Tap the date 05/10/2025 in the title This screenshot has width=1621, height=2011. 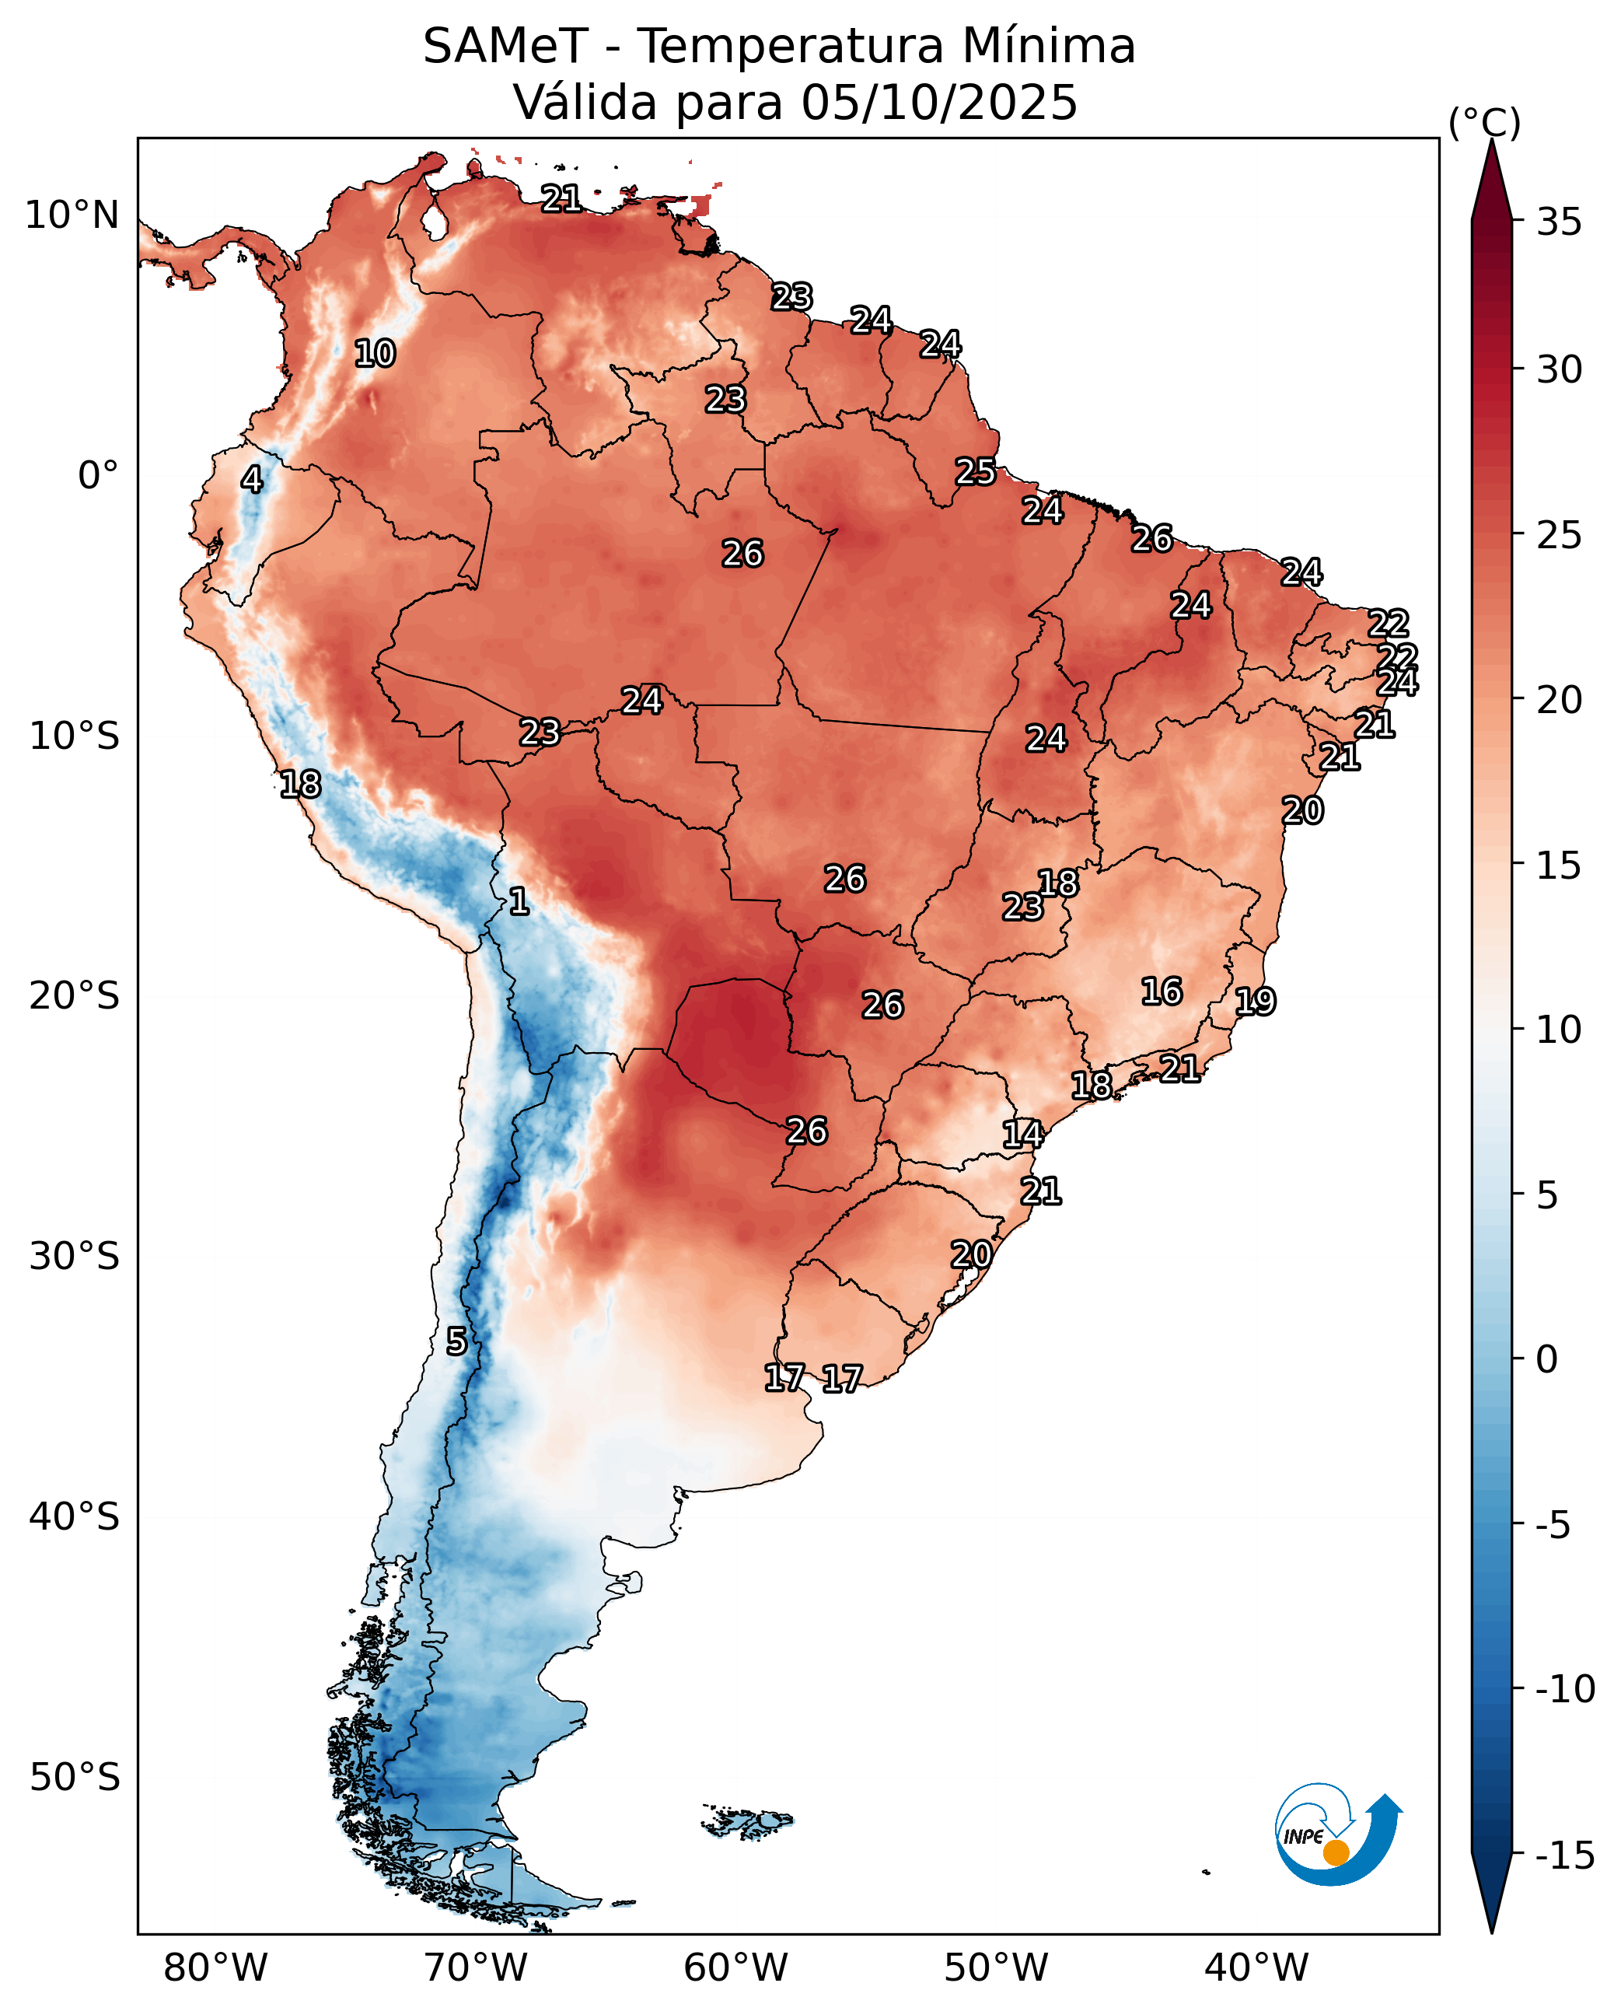(x=939, y=103)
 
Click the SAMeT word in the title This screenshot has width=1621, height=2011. (x=505, y=47)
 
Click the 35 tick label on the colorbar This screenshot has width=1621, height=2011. (x=1560, y=222)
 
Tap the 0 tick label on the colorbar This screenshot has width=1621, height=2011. (x=1547, y=1360)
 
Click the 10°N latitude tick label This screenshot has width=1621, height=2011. (x=72, y=215)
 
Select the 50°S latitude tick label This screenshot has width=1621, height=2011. (x=75, y=1777)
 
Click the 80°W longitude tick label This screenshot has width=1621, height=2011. (x=215, y=1968)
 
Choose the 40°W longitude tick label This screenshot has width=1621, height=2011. (x=1256, y=1968)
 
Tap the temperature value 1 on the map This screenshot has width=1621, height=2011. (x=519, y=901)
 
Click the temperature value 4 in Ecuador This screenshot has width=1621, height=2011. (x=252, y=479)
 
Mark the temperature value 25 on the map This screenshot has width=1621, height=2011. (x=976, y=472)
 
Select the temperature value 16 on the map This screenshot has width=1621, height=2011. (x=1162, y=991)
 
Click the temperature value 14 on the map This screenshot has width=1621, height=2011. (x=1022, y=1134)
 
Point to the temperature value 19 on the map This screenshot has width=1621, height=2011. (x=1255, y=1002)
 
